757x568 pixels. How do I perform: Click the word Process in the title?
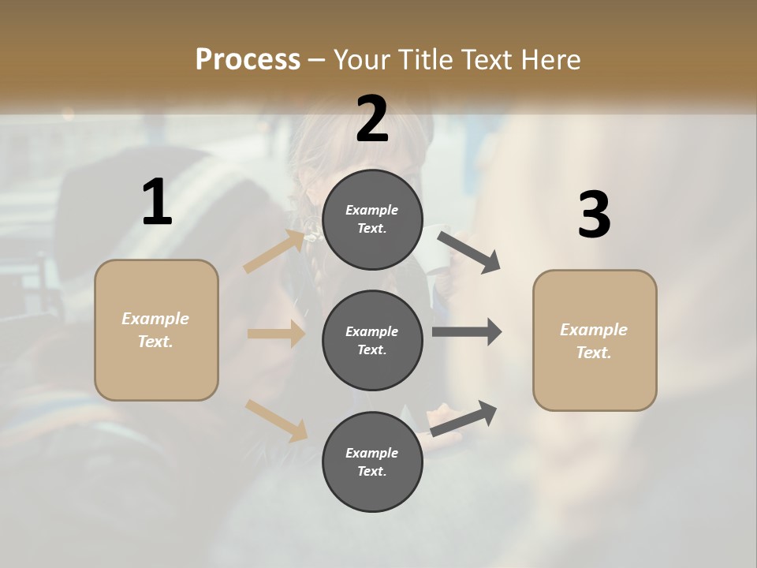coord(248,60)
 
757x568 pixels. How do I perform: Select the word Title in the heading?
coord(425,60)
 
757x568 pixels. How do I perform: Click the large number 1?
coord(157,203)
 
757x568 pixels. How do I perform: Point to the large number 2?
coord(372,119)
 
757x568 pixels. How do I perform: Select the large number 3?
coord(594,215)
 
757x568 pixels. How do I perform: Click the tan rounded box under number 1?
coord(156,330)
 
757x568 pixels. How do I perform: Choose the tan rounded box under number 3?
coord(595,341)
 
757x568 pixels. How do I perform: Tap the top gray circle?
coord(372,219)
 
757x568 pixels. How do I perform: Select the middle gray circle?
coord(372,340)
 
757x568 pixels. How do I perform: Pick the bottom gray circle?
coord(372,461)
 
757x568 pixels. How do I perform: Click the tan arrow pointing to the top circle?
coord(274,252)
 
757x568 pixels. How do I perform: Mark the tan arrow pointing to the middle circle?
coord(276,334)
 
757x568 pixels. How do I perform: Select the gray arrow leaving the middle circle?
coord(467,331)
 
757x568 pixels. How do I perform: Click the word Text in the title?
coord(483,60)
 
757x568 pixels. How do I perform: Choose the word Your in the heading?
coord(360,60)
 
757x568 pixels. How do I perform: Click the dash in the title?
coord(317,60)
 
